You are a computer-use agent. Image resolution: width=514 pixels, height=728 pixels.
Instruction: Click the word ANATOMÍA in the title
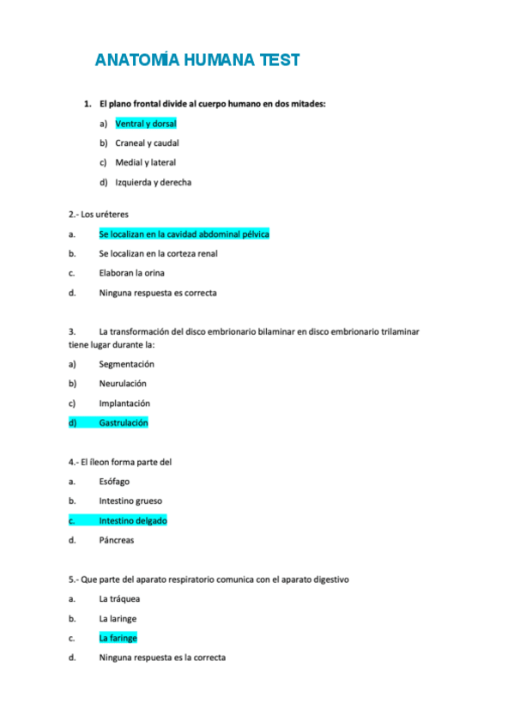tap(135, 60)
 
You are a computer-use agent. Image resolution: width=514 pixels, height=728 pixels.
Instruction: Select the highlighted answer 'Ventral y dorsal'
tap(145, 124)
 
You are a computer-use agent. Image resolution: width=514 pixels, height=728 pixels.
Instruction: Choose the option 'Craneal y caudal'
tap(147, 143)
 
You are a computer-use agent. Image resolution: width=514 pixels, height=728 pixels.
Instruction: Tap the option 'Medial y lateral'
tap(145, 162)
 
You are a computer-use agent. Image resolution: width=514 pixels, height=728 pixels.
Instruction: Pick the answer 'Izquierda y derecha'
tap(153, 182)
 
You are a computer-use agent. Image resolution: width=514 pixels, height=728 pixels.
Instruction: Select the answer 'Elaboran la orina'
tap(131, 273)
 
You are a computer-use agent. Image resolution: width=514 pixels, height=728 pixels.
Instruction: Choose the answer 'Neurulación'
tap(123, 384)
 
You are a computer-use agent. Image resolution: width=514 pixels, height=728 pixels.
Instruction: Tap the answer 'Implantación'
tap(124, 403)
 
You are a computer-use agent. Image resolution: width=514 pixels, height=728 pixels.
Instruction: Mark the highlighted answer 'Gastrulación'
tap(124, 422)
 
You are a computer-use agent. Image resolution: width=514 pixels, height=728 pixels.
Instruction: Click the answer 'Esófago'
tap(114, 482)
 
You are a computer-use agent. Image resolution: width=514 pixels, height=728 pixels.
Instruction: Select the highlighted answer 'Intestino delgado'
tap(133, 520)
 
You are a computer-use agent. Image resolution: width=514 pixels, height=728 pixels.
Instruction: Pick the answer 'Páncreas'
tap(117, 540)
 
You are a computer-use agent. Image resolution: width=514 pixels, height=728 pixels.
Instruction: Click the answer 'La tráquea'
tap(119, 599)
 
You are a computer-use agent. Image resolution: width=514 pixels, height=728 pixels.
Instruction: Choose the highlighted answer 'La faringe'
tap(118, 638)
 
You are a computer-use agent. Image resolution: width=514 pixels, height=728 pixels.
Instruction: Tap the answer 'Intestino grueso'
tap(130, 500)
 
